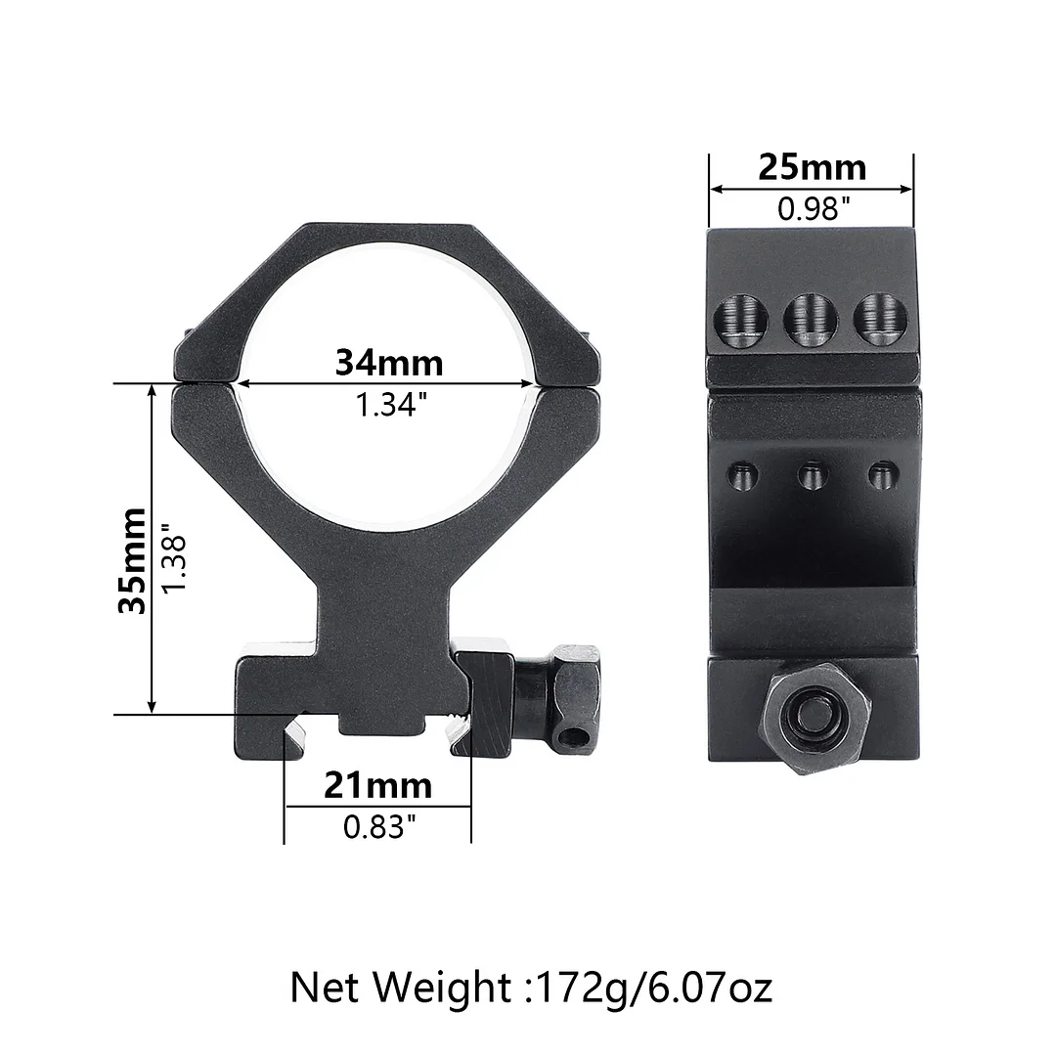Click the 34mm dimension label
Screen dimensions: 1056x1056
pyautogui.click(x=388, y=363)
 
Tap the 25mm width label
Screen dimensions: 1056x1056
pyautogui.click(x=812, y=168)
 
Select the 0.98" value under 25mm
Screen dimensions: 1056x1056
pyautogui.click(x=812, y=208)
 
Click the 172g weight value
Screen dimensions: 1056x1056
pyautogui.click(x=575, y=987)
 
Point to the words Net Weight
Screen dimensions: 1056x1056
pyautogui.click(x=400, y=987)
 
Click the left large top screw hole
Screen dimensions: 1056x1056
pyautogui.click(x=740, y=321)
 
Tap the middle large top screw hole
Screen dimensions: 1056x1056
pyautogui.click(x=810, y=320)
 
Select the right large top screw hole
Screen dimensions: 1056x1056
pyautogui.click(x=878, y=320)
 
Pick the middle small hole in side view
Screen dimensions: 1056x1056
pyautogui.click(x=813, y=477)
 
